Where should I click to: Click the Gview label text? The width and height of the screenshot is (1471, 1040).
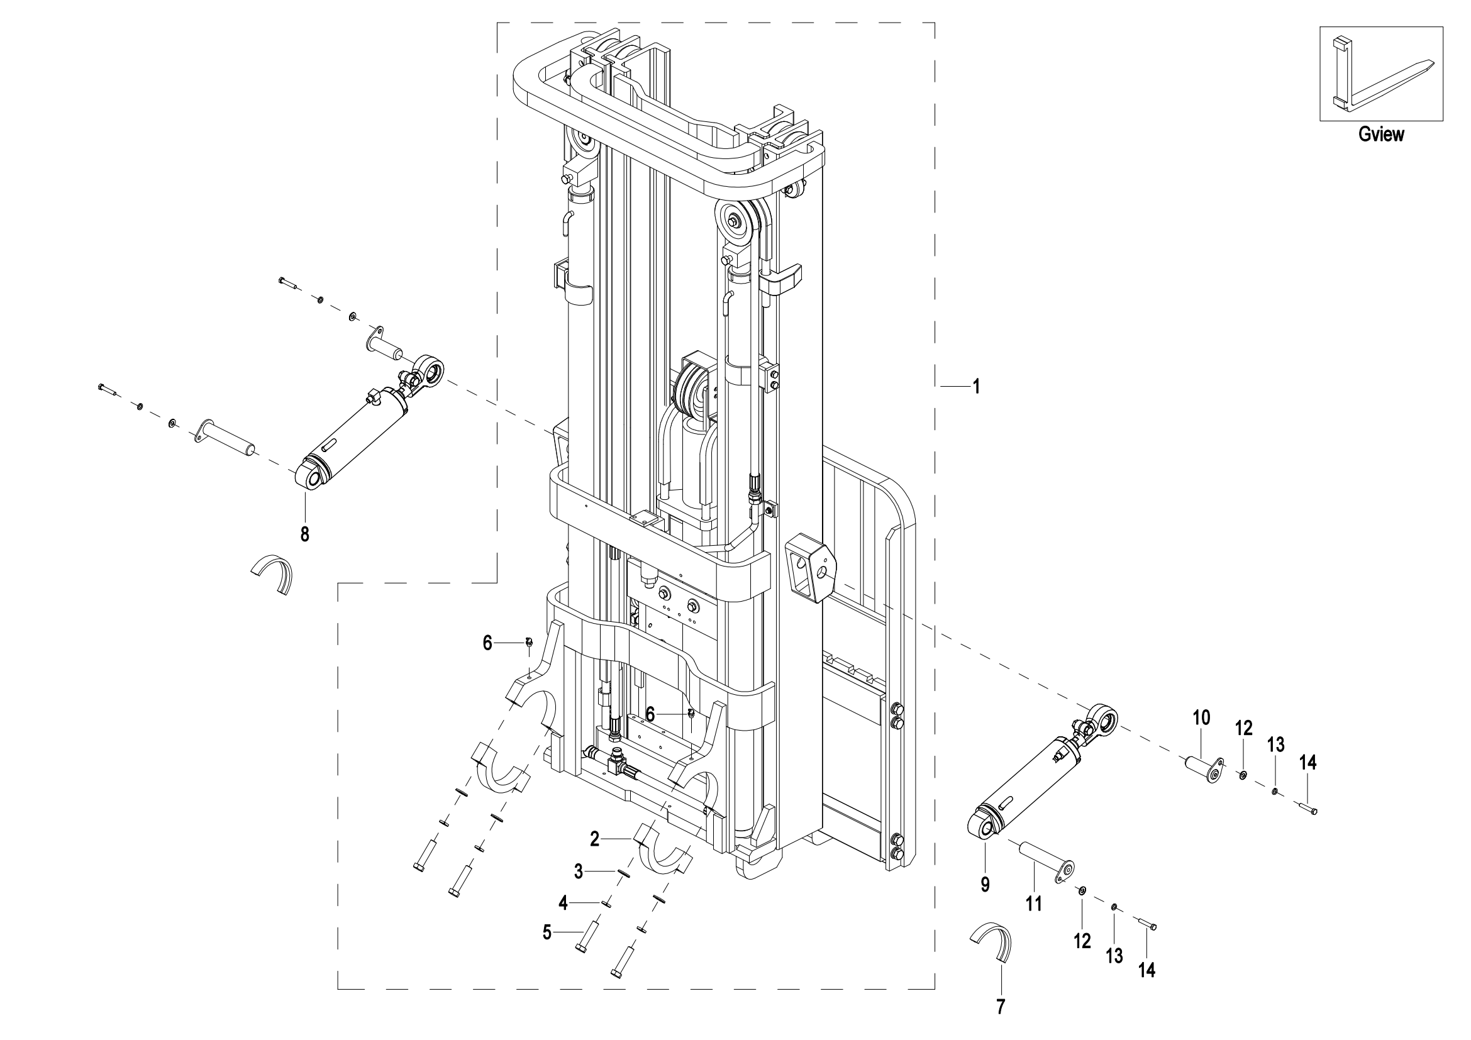[x=1380, y=135]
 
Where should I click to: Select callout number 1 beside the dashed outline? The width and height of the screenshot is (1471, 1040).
[x=977, y=387]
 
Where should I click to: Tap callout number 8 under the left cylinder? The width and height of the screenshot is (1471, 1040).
[x=305, y=533]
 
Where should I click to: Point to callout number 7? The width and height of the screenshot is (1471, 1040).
[x=1001, y=1007]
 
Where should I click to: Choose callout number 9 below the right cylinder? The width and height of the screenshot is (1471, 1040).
[x=985, y=885]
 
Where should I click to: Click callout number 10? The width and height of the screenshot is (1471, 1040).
[x=1201, y=718]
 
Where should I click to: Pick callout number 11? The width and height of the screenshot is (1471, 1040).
[x=1034, y=904]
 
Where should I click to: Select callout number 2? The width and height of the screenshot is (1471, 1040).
[x=594, y=838]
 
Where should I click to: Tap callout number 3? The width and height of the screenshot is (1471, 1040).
[x=579, y=871]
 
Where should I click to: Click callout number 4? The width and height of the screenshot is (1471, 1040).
[x=563, y=903]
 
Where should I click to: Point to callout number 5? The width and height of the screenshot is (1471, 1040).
[x=547, y=932]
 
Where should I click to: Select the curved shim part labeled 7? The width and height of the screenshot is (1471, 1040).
[x=992, y=942]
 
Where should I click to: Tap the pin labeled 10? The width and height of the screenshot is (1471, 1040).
[x=1204, y=768]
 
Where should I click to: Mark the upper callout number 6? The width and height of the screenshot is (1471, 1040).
[x=487, y=643]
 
